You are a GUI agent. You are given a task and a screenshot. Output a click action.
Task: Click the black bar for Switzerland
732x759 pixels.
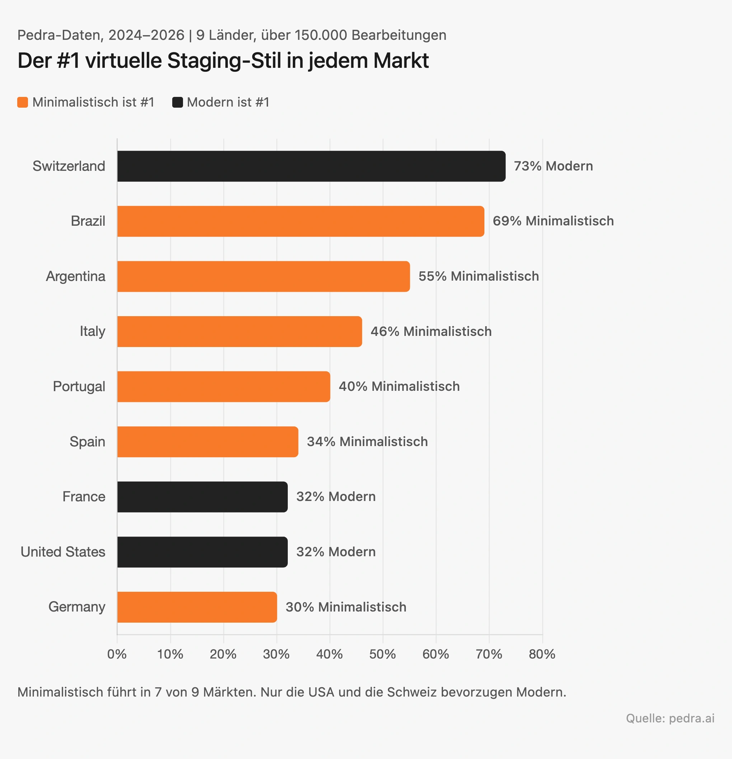tap(311, 166)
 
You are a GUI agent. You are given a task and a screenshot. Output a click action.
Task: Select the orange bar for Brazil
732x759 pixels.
tap(301, 221)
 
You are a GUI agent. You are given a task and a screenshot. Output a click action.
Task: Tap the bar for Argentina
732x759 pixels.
tap(263, 276)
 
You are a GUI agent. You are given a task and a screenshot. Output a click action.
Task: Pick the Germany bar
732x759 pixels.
tap(197, 607)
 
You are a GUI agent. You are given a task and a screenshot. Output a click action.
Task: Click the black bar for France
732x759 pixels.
tap(202, 497)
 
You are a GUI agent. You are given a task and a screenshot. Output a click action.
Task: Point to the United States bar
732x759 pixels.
tap(202, 552)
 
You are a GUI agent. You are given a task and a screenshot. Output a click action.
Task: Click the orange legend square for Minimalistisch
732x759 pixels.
tap(23, 102)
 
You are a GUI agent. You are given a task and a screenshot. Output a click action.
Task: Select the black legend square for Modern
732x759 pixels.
tap(177, 102)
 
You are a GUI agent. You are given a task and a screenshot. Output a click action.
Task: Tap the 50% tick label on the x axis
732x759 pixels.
tap(382, 655)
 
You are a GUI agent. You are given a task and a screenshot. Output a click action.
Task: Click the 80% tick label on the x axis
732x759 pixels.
tap(542, 655)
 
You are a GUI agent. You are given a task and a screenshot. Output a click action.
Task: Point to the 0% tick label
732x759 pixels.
tap(117, 655)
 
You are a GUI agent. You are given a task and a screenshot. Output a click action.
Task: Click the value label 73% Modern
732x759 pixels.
tap(553, 166)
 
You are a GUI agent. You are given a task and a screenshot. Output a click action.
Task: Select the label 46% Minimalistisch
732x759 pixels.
tap(431, 332)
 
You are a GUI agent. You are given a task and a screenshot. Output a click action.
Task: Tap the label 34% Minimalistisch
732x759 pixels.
tap(367, 442)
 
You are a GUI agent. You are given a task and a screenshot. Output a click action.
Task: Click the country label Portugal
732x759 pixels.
tap(79, 386)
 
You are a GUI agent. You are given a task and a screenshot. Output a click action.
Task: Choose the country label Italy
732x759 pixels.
tap(92, 332)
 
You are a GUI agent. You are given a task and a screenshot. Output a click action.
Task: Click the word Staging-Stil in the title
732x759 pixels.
tap(224, 61)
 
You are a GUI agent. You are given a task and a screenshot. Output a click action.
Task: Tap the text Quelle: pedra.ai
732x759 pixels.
tap(670, 718)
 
